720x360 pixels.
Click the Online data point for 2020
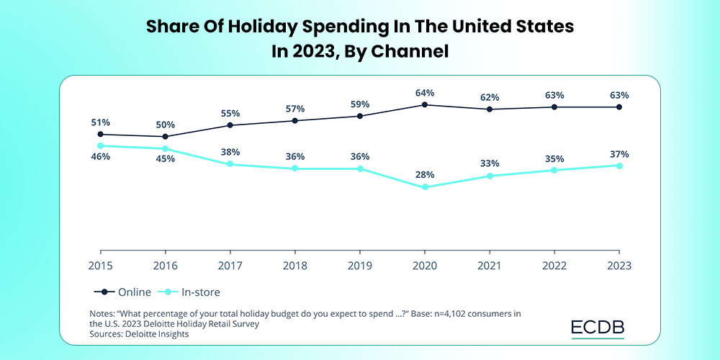click(425, 104)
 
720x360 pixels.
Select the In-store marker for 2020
click(425, 187)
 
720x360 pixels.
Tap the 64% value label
click(425, 93)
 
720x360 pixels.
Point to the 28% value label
click(425, 174)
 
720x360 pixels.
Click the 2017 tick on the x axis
click(230, 265)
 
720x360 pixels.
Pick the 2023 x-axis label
click(619, 265)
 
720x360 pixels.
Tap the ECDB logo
click(598, 328)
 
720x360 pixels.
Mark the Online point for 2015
click(100, 134)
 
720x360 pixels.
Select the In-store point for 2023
click(619, 166)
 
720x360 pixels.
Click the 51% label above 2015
click(100, 122)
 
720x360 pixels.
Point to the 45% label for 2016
click(165, 160)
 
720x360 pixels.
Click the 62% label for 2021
click(490, 97)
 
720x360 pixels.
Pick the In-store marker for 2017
click(230, 164)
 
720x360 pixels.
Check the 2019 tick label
click(360, 265)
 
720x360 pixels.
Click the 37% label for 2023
click(619, 154)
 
